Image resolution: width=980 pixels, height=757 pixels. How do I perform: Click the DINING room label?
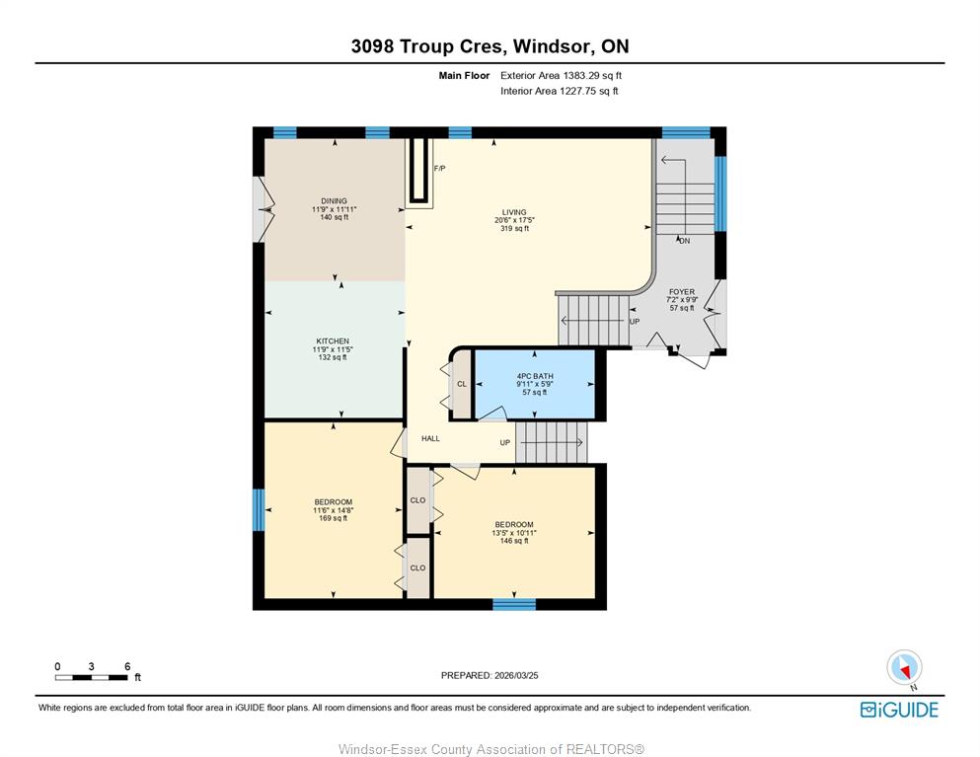pos(334,201)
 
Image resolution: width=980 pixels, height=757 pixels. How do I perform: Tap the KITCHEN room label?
pos(333,341)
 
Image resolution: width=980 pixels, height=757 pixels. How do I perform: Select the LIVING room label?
pos(514,212)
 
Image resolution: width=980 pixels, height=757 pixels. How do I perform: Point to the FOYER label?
pos(682,292)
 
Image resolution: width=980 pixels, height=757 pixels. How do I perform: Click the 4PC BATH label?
pos(535,376)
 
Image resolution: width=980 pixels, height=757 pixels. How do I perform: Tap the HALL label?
pos(430,439)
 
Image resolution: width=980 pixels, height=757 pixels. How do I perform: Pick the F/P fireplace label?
pos(440,169)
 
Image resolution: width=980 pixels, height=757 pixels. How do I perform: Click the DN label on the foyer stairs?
pos(684,241)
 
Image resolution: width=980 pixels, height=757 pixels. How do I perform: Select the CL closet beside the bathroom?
pos(462,384)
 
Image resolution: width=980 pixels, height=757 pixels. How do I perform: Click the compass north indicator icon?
pos(904,667)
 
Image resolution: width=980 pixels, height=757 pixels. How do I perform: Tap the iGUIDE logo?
pos(899,710)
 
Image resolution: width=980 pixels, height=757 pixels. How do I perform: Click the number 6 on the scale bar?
pos(127,666)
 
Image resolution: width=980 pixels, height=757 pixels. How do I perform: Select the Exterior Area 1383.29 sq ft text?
pos(561,76)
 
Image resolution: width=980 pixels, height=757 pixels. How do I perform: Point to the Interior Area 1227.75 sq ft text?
pos(560,91)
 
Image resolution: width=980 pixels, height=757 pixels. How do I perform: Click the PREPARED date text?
pos(490,675)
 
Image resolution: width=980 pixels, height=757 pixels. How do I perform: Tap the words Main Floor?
pos(464,76)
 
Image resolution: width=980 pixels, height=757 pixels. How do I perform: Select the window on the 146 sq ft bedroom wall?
pos(514,604)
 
